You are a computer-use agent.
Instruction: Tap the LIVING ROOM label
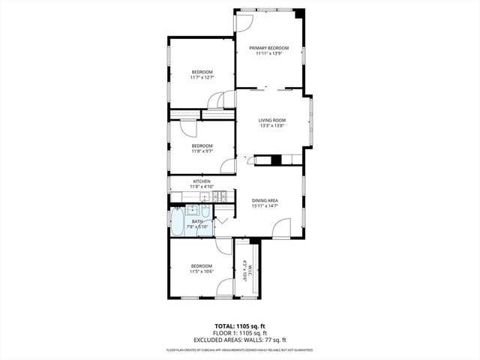tap(272, 120)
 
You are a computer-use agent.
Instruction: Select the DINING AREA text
tap(265, 200)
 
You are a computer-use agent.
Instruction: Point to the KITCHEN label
tap(201, 181)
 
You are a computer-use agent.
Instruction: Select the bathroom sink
tap(191, 209)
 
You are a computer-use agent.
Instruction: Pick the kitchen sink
tap(204, 196)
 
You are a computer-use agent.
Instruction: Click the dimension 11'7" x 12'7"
tap(202, 77)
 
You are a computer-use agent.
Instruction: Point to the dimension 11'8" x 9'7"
tap(202, 151)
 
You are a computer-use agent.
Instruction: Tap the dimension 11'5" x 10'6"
tap(201, 271)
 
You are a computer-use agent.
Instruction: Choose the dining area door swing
tap(281, 229)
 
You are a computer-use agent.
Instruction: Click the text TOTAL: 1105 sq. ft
tap(239, 327)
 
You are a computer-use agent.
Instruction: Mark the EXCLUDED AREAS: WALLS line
tap(239, 339)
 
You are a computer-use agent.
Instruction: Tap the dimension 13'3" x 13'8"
tap(272, 125)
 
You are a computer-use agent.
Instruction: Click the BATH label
tap(197, 221)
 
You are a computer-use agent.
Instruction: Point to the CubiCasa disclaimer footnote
tap(239, 349)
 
